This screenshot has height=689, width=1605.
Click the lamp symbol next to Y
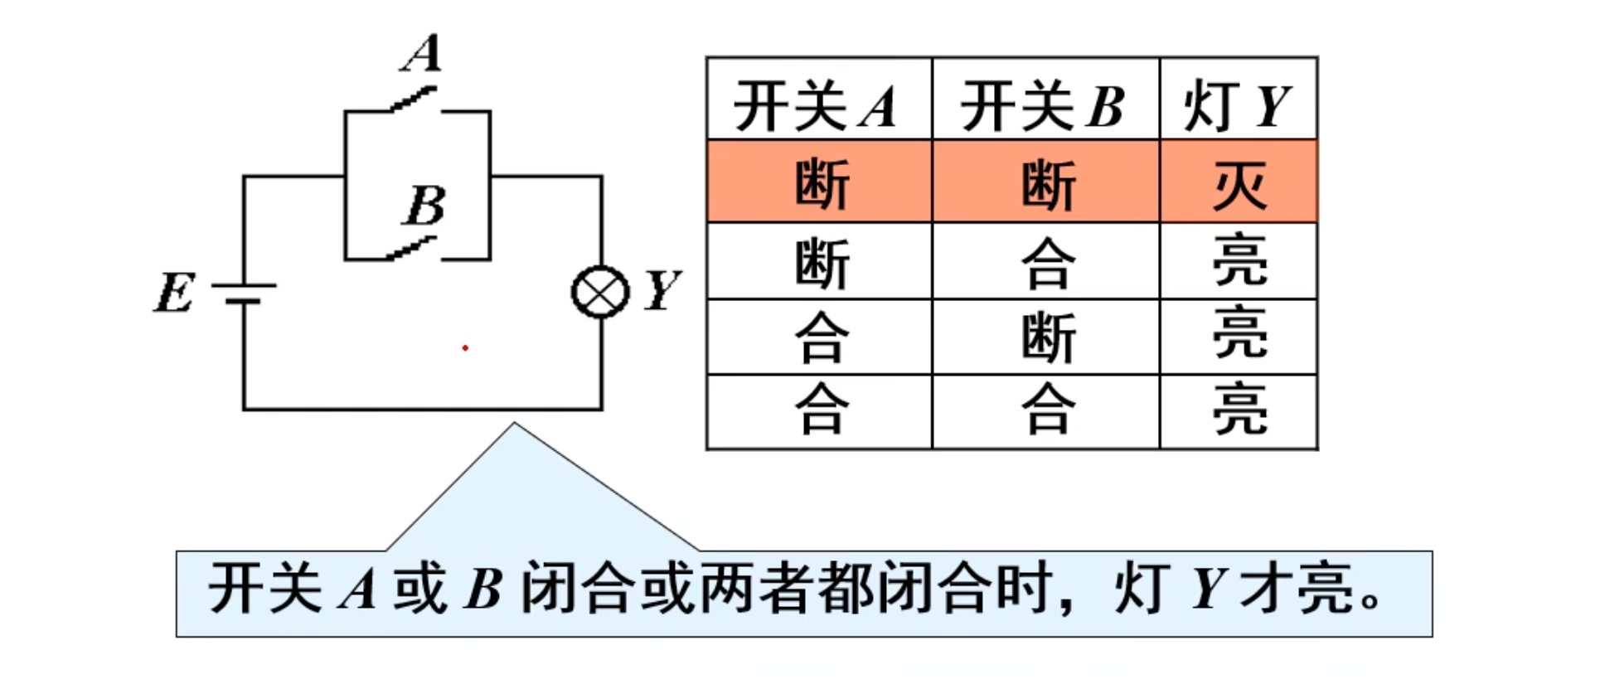tap(600, 292)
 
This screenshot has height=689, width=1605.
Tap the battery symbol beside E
tap(244, 293)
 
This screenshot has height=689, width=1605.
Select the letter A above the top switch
tap(423, 54)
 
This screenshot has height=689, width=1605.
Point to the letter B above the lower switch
tap(425, 205)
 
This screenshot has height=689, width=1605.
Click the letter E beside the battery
tap(175, 293)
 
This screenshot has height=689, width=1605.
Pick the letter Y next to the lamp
tap(662, 290)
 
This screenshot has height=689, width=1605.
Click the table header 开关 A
tap(817, 106)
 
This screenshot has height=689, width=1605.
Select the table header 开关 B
tap(1043, 106)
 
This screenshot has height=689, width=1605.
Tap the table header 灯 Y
tap(1237, 106)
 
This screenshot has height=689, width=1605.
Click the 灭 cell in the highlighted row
tap(1239, 184)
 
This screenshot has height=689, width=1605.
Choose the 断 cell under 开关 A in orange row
tap(821, 184)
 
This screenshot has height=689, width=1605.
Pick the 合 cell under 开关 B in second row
tap(1048, 263)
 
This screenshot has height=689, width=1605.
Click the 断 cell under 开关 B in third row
tap(1048, 337)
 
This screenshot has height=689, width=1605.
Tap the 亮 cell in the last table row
tap(1239, 409)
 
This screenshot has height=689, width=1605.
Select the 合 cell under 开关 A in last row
tap(821, 409)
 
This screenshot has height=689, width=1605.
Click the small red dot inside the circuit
tap(465, 347)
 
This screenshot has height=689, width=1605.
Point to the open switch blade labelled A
tap(414, 100)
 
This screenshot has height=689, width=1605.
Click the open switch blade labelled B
tap(412, 248)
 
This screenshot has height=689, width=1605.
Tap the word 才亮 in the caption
tap(1297, 590)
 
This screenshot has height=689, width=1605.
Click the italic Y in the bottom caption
tap(1207, 590)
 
